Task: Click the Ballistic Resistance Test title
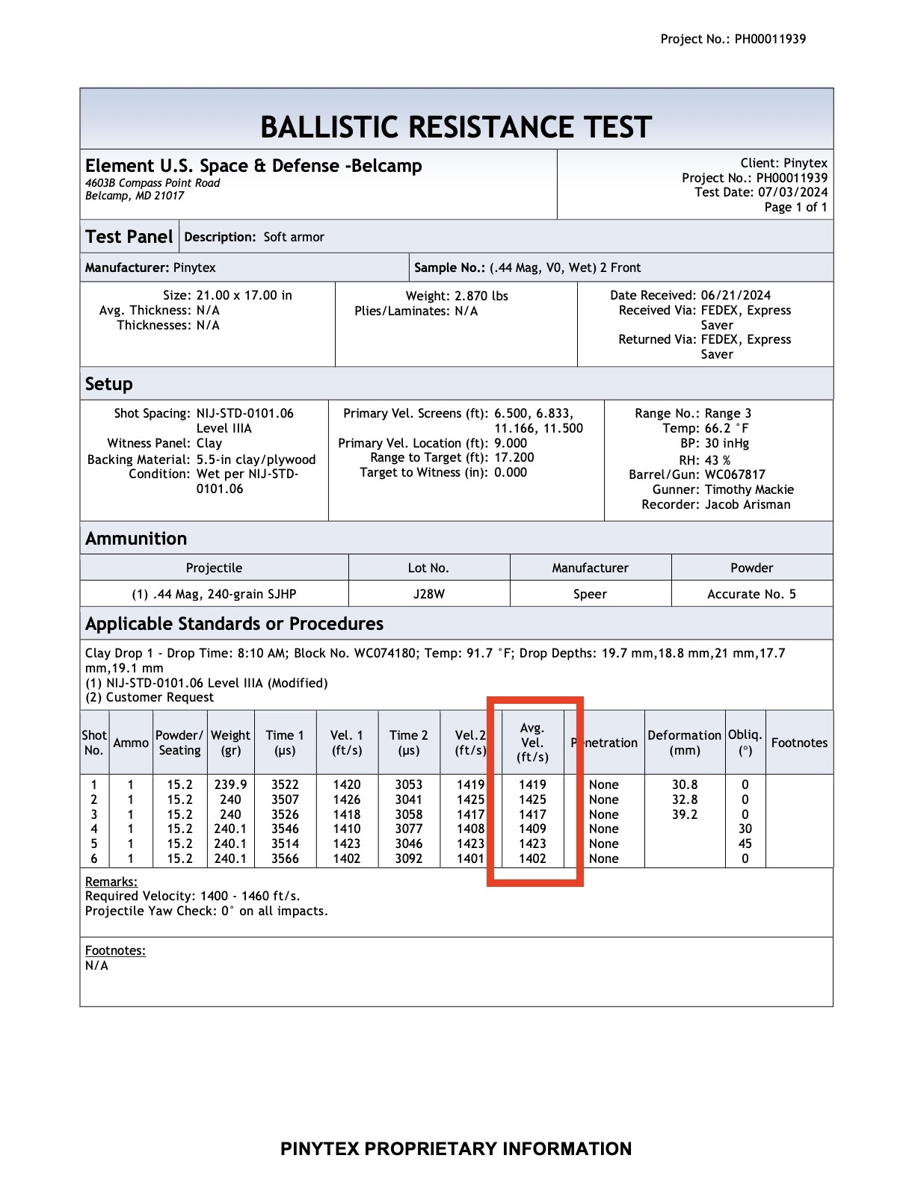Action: coord(456,127)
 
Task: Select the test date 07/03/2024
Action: coord(793,192)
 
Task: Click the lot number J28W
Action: coord(428,594)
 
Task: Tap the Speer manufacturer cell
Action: coord(590,594)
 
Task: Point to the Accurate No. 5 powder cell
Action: coord(751,594)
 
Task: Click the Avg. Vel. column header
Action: coord(532,742)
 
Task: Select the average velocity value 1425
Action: coord(532,799)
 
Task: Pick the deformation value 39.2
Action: coord(684,814)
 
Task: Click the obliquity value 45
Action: coord(745,844)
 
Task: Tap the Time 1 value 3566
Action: coord(285,858)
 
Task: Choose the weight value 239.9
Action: coord(230,785)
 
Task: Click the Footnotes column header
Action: coord(799,743)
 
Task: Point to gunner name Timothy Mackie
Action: coord(749,489)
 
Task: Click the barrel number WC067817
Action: coord(735,474)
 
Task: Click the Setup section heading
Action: coord(109,384)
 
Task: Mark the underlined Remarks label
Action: coord(111,882)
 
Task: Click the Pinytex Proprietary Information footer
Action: coord(456,1148)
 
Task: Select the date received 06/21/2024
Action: coord(736,295)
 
